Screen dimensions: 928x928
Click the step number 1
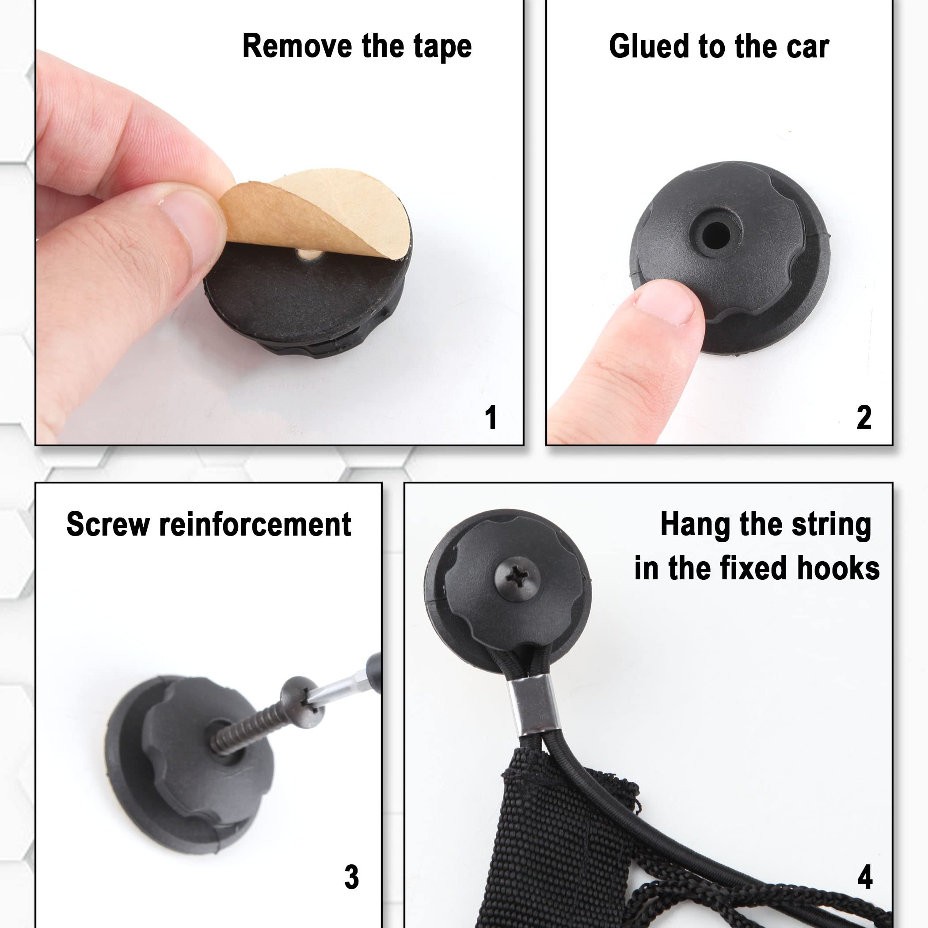tap(491, 418)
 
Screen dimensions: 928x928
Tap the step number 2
tap(863, 418)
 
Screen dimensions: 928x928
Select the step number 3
tap(352, 877)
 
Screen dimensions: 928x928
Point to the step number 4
tap(865, 877)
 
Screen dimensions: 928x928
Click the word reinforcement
tap(255, 524)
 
